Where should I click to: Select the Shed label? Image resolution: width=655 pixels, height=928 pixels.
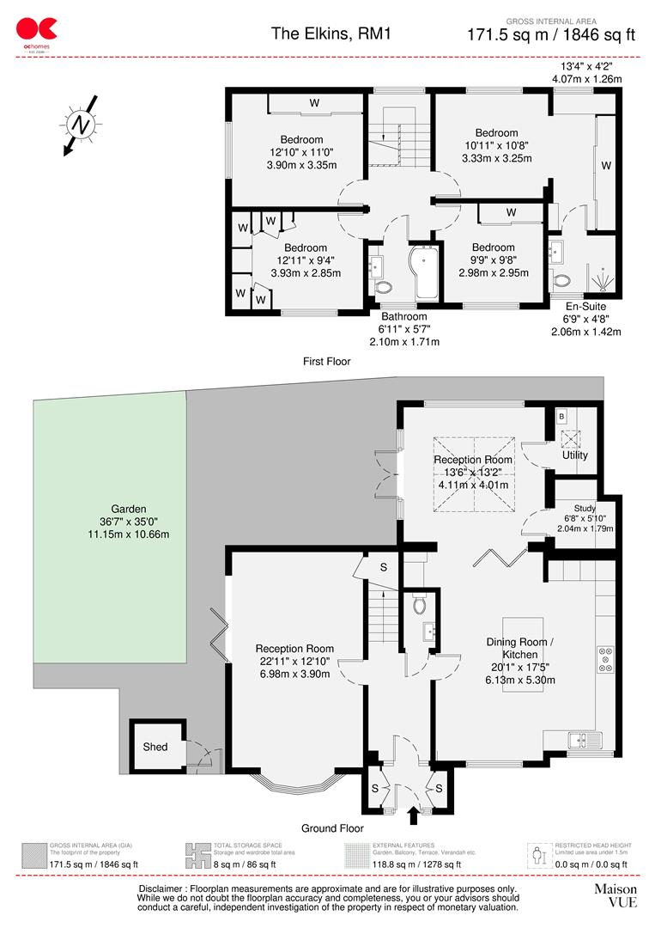coord(155,747)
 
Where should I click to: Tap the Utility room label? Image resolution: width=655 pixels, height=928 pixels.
coord(574,455)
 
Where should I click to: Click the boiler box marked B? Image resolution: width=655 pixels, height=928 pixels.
coord(561,415)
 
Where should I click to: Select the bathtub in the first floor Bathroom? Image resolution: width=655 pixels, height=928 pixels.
coord(424,273)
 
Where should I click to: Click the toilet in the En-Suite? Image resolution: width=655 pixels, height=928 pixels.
coord(562,280)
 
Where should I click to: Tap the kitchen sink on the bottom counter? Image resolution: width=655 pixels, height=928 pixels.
coord(584,739)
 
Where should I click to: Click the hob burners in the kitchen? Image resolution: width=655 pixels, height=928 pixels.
coord(604,659)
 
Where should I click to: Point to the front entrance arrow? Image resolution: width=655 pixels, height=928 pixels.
coord(412,813)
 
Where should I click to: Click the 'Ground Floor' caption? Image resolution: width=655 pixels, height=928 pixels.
coord(331,828)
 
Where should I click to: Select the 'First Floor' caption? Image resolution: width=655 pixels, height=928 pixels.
coord(327,362)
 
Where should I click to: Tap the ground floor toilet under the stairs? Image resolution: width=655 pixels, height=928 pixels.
coord(420,605)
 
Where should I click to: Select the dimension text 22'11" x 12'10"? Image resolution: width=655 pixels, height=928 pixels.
coord(294,662)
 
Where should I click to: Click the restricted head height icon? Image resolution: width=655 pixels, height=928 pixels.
coord(537,855)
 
